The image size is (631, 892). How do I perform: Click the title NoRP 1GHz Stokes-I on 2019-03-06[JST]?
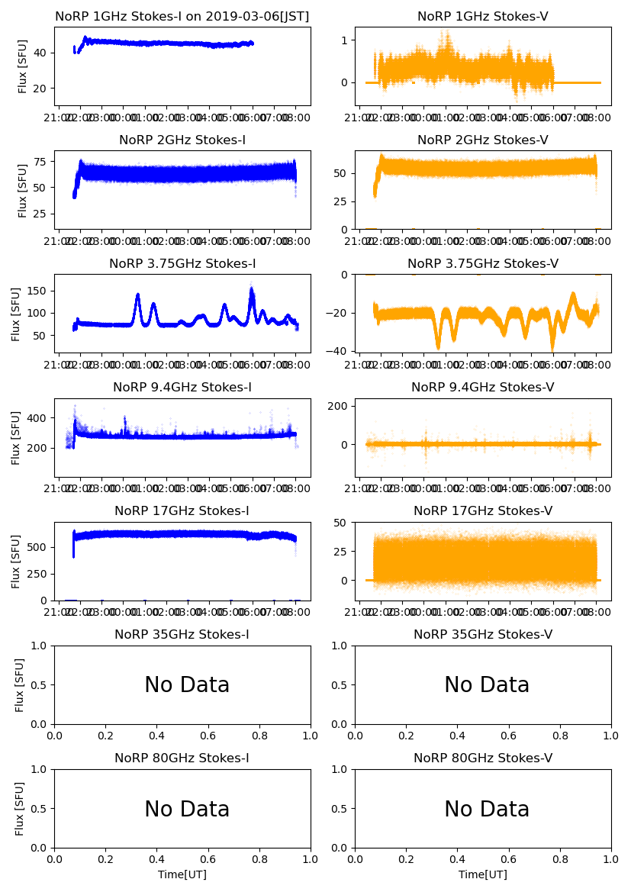tap(182, 16)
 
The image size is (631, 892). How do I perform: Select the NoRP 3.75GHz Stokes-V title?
tap(483, 263)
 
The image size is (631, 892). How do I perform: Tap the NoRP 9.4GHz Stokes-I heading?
tap(182, 387)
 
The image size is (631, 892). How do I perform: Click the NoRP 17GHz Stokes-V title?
tap(483, 510)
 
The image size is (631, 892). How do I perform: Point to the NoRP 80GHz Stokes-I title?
tap(182, 758)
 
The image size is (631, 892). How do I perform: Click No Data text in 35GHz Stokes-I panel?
tap(187, 685)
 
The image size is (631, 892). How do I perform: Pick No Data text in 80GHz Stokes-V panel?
tap(487, 809)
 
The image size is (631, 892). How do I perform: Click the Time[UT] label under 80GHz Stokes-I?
tap(182, 874)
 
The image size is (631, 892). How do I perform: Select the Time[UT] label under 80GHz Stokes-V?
tap(483, 874)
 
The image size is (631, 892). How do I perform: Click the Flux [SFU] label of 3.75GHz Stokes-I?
tap(16, 314)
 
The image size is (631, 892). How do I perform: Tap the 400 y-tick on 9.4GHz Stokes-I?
tap(38, 418)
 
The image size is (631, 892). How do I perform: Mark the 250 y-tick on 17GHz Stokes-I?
tap(38, 574)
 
